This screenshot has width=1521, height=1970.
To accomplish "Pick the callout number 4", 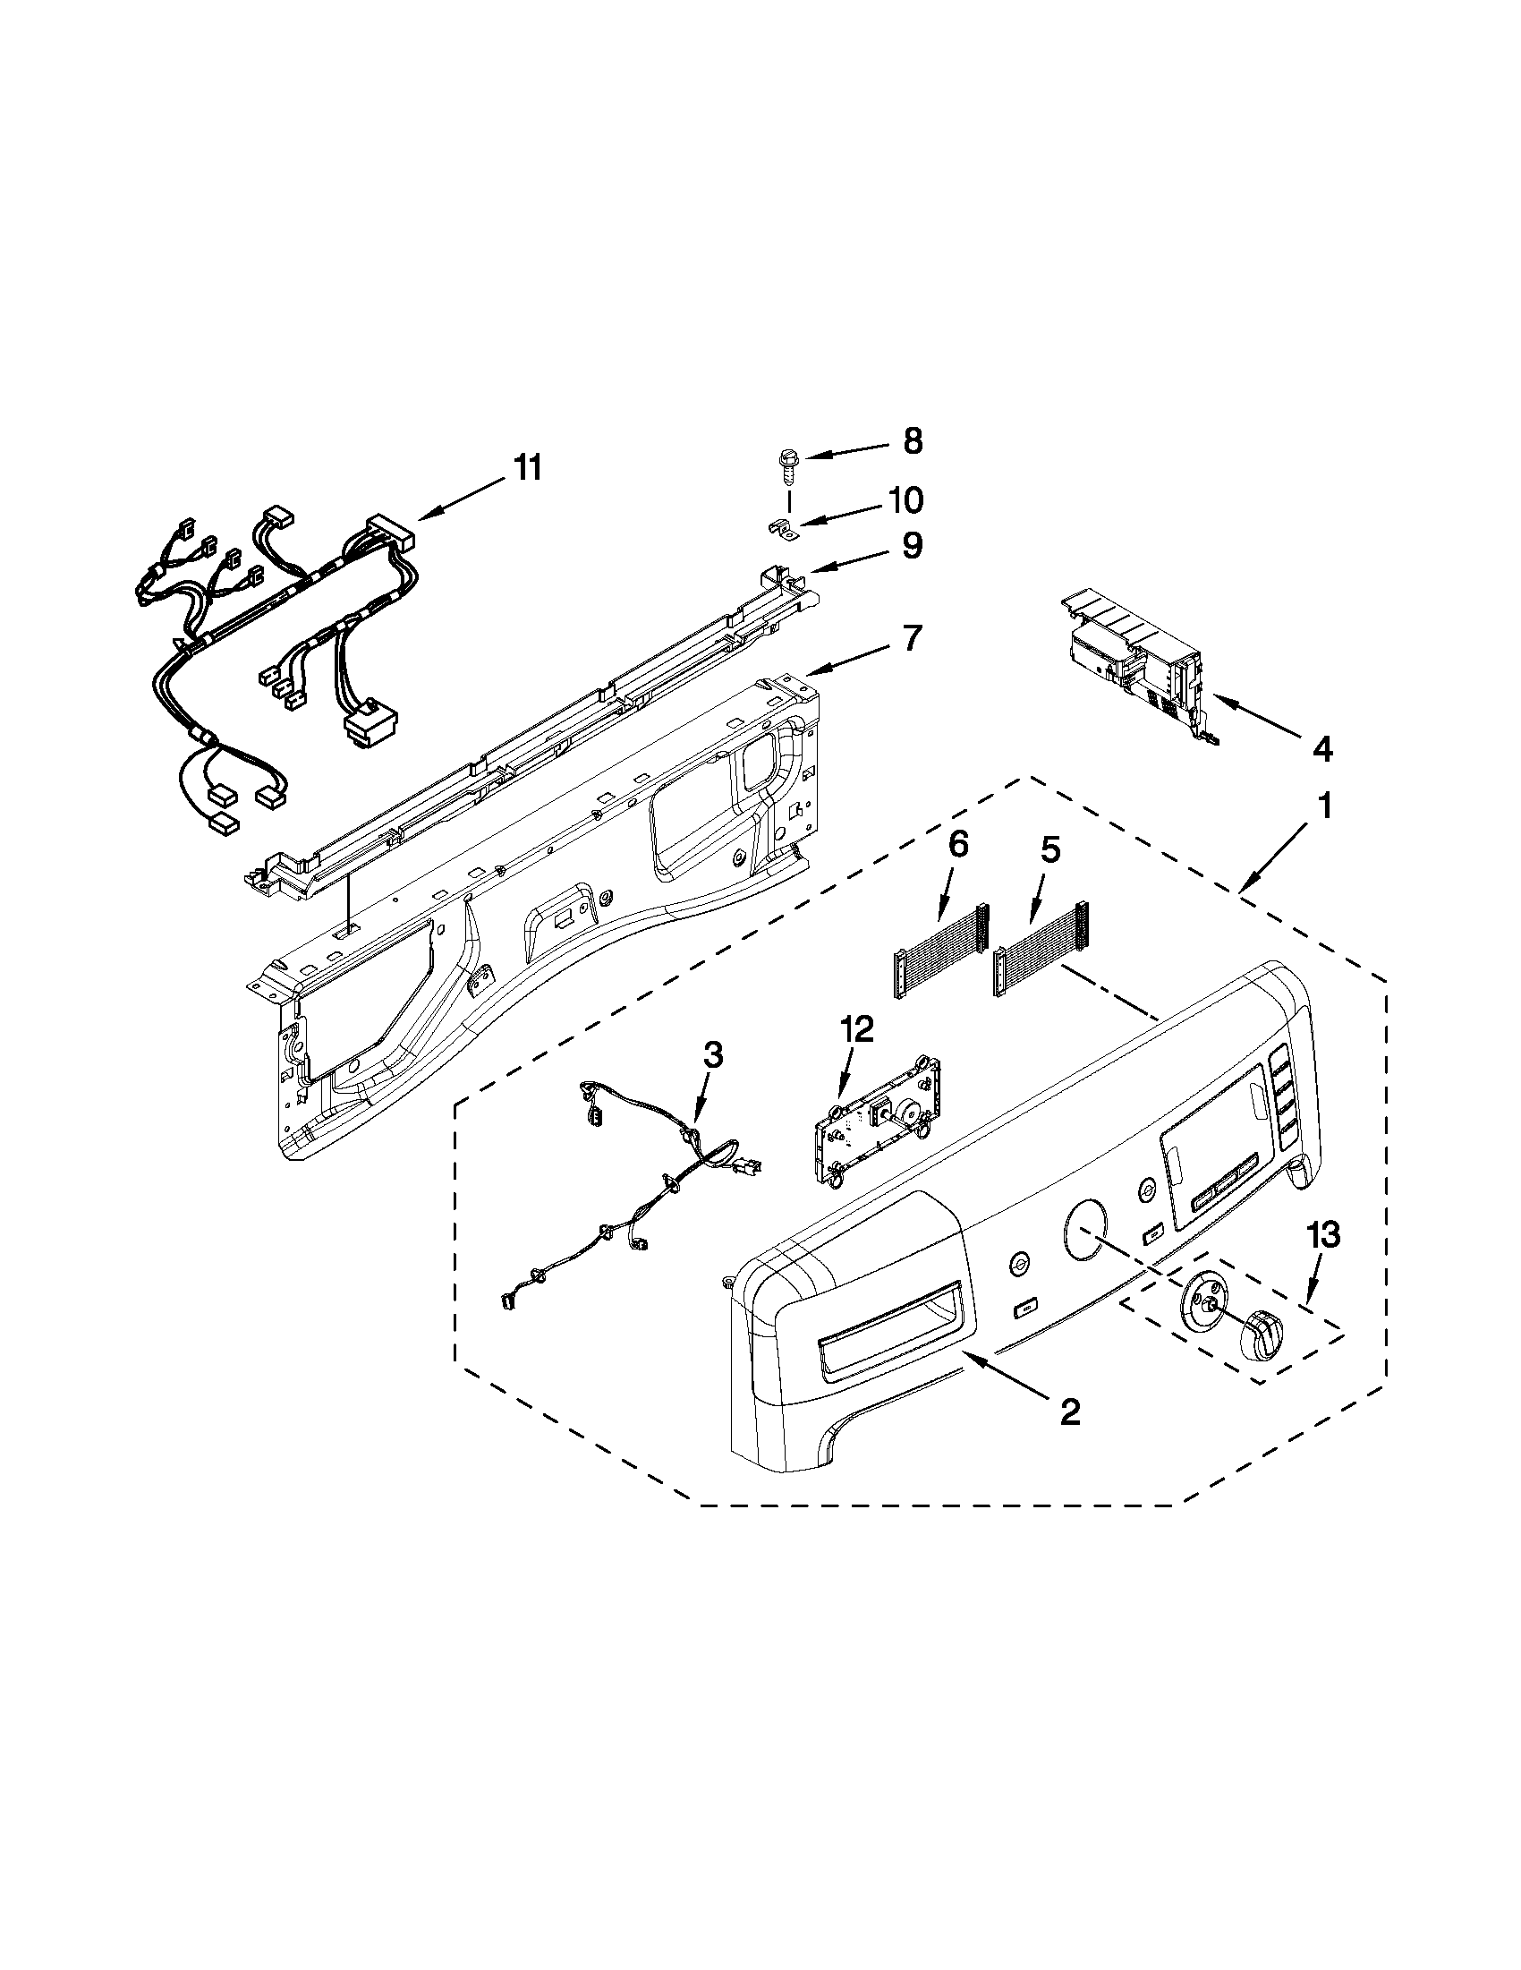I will tap(1321, 747).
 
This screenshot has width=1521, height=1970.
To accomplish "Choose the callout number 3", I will tap(712, 1054).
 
